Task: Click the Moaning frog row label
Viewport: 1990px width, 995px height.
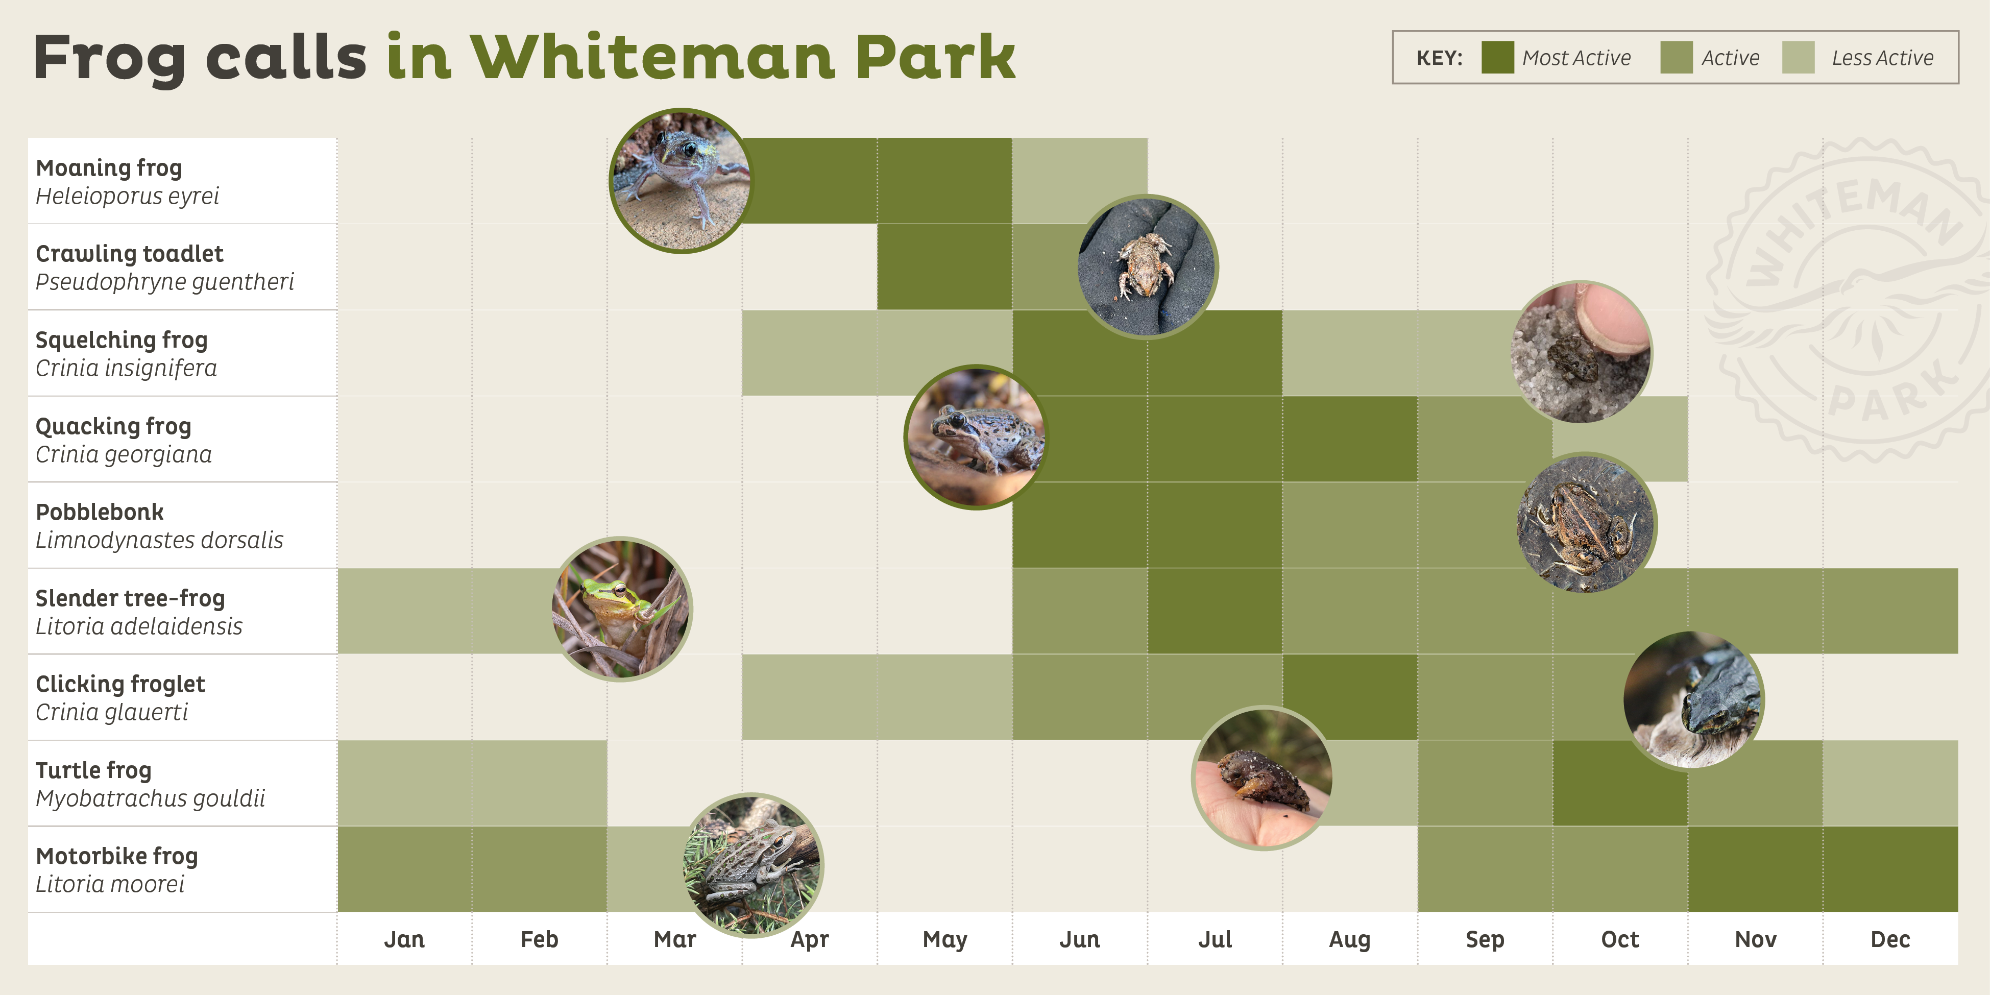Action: click(109, 167)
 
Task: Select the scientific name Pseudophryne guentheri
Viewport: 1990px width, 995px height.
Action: click(164, 282)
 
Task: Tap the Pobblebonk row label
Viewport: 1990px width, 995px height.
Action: click(100, 512)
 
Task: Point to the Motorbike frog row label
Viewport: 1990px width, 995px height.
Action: click(116, 856)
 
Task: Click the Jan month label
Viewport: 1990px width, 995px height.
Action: click(404, 939)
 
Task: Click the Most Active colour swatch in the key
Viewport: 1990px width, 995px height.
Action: click(1497, 58)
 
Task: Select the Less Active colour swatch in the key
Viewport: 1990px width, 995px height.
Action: click(1798, 58)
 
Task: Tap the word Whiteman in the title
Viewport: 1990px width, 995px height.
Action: click(653, 57)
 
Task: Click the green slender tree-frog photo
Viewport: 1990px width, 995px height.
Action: click(622, 609)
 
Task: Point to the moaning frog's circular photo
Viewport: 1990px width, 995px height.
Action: click(681, 181)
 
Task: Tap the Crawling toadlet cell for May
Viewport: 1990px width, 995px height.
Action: click(945, 266)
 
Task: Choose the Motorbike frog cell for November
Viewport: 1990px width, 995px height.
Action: click(1755, 869)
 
